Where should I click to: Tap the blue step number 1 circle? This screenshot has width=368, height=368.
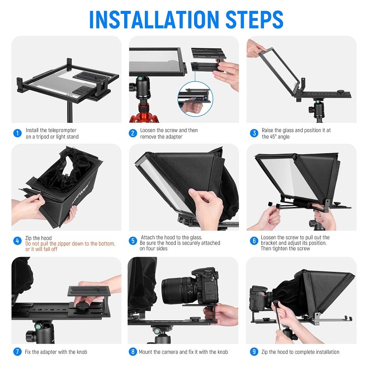[17, 133]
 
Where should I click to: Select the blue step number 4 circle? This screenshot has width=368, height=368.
[17, 241]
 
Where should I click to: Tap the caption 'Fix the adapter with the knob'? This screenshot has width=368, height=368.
[57, 352]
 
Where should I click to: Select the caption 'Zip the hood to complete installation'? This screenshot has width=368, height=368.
[300, 352]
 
